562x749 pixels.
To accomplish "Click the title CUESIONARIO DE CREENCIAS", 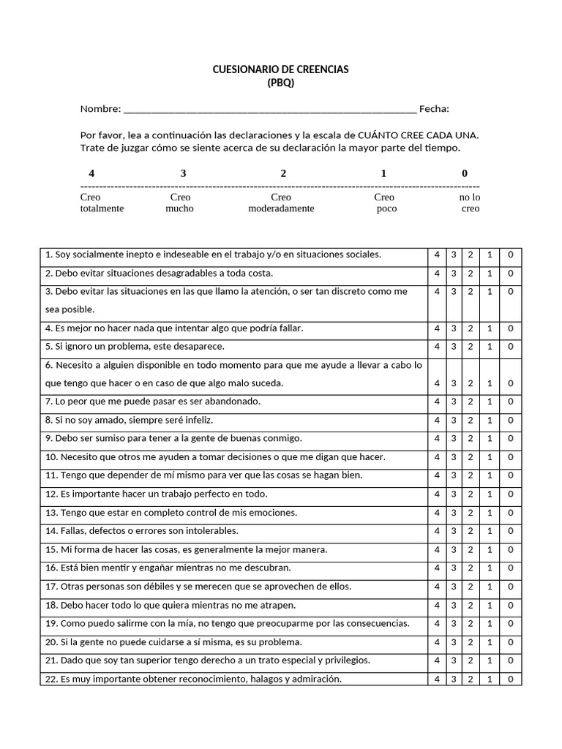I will (280, 69).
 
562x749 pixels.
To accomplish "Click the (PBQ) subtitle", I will (280, 83).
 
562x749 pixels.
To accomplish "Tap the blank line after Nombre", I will (270, 110).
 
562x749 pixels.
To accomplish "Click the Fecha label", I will (434, 110).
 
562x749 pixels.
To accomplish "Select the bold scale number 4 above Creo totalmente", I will (91, 173).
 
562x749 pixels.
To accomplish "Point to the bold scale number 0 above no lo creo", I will (465, 173).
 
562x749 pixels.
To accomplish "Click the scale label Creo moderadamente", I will (281, 203).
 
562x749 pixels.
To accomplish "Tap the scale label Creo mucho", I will (180, 203).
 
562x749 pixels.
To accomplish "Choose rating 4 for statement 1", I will (437, 255).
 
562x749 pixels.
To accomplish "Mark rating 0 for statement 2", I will (510, 274).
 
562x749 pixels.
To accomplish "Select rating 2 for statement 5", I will (470, 347).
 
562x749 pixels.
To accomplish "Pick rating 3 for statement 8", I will (453, 421).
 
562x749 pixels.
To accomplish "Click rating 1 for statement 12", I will (490, 494).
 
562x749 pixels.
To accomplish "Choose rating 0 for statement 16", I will (510, 568).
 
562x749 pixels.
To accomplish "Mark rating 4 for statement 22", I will (437, 679).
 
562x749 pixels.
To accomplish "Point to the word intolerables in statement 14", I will (211, 531).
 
